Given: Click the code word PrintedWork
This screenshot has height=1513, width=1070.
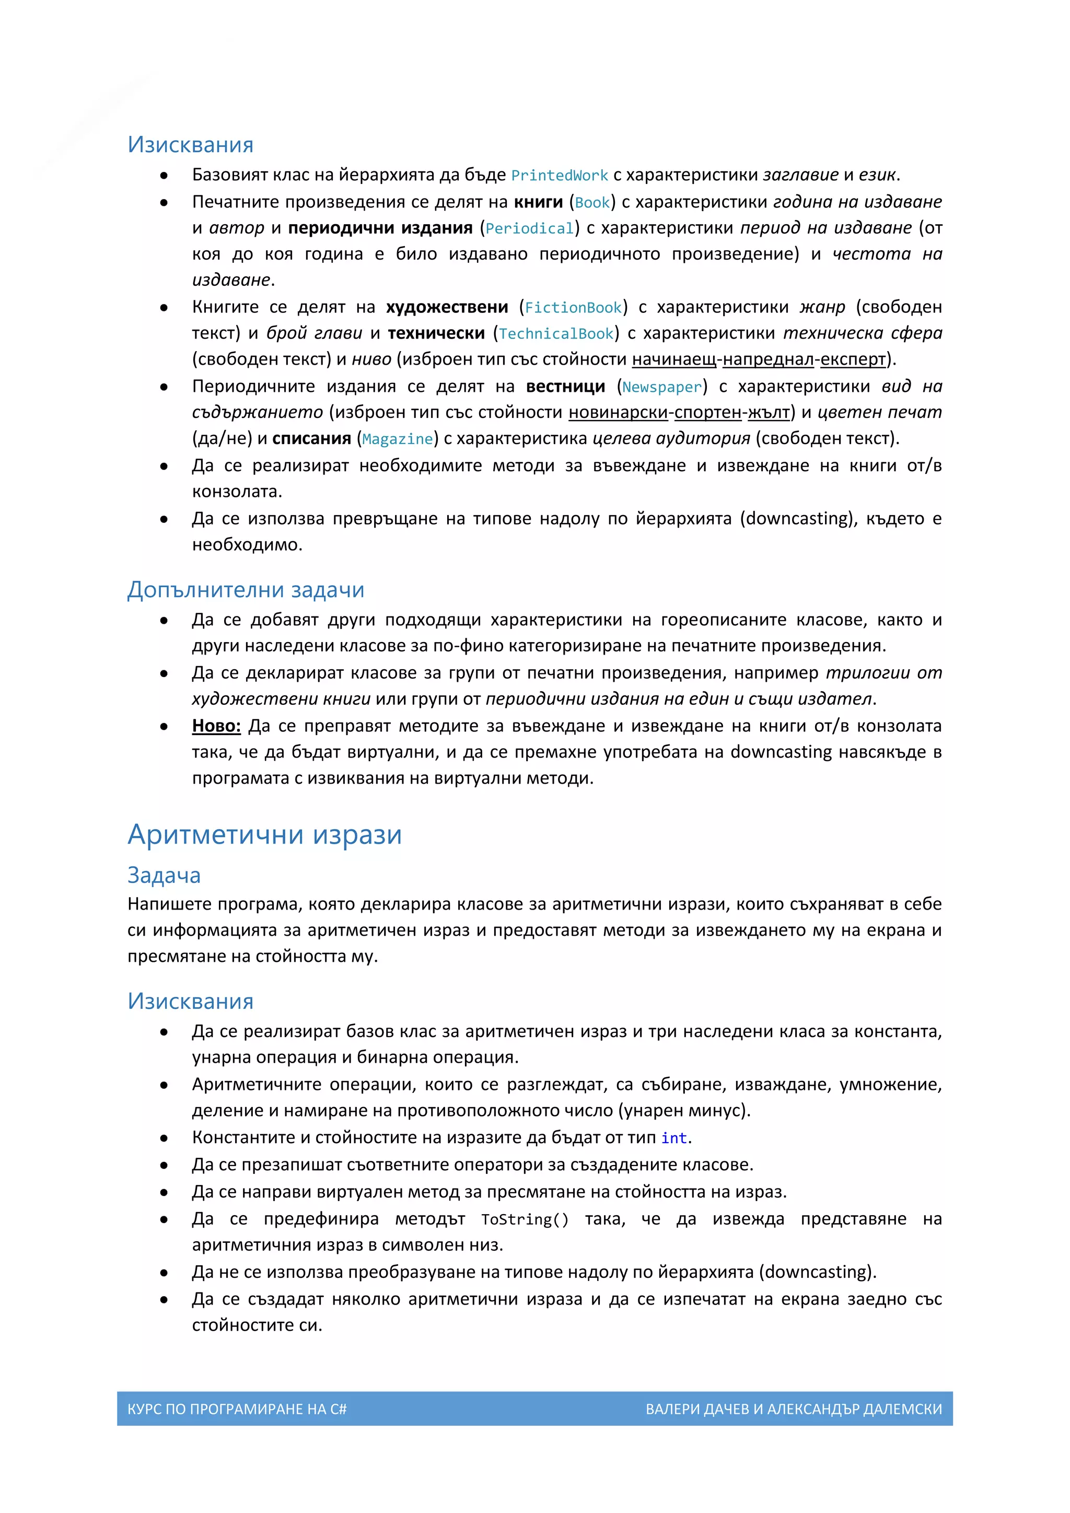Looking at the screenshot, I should [560, 176].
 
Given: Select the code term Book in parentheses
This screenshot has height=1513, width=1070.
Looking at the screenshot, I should [592, 203].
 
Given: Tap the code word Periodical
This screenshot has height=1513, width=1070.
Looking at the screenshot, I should [530, 229].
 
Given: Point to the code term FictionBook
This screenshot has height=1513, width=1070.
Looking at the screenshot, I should [573, 308].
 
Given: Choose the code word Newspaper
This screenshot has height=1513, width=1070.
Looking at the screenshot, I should [661, 388].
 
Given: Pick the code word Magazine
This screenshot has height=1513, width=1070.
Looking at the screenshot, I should [397, 439].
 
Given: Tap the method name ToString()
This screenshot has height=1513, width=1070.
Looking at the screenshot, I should [525, 1220].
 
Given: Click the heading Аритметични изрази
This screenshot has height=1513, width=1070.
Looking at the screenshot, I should [264, 834].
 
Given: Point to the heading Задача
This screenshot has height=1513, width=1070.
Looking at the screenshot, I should [164, 875].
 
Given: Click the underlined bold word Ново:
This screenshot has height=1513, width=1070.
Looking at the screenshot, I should [216, 726].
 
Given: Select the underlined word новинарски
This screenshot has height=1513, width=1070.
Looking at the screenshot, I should [618, 413].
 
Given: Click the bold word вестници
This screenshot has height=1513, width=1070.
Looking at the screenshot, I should [565, 387].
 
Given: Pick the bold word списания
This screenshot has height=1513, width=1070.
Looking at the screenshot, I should [311, 439].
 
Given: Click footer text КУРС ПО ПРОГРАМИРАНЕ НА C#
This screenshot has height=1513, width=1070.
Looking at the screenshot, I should [237, 1409].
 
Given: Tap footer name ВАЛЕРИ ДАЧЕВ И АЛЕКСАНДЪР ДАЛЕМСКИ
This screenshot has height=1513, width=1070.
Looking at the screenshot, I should [793, 1409].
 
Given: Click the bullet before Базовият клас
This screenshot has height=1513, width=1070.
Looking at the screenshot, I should [164, 176].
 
